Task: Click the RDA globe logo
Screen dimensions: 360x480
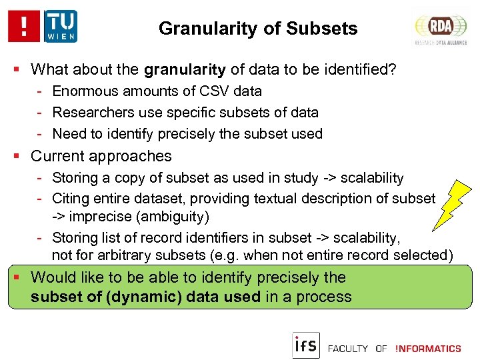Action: [x=441, y=28]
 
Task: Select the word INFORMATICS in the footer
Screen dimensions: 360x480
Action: [x=428, y=349]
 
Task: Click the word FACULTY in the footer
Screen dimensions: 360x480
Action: [x=348, y=349]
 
